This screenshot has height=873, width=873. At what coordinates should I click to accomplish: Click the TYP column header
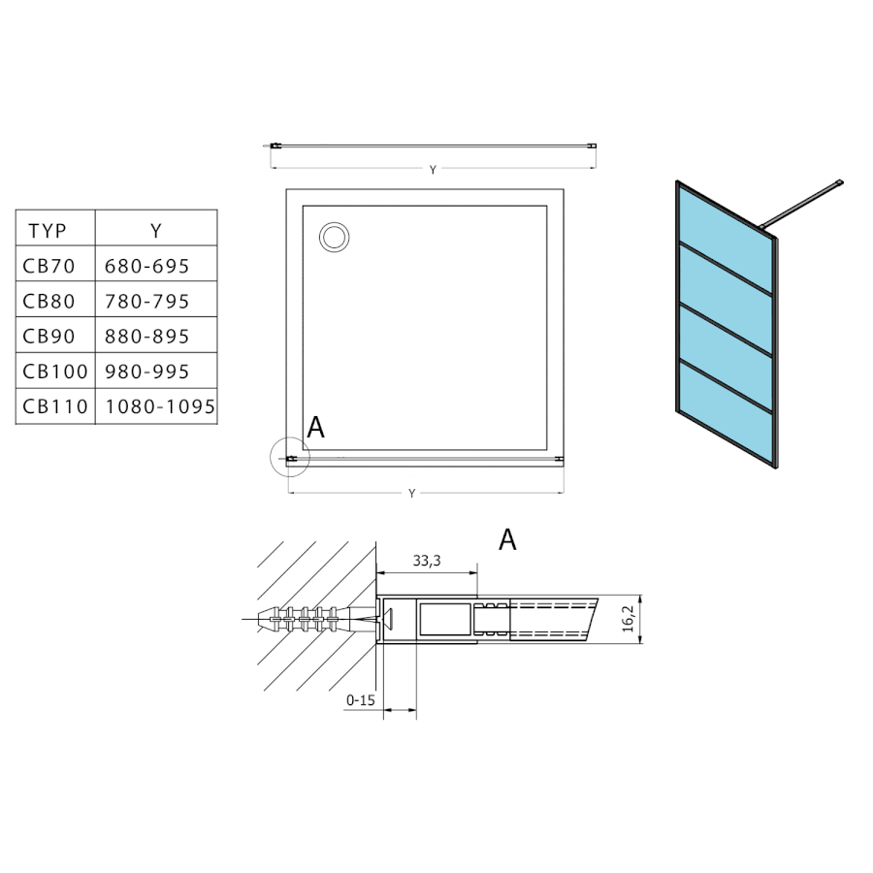pos(48,231)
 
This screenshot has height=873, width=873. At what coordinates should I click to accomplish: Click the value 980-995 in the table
pos(145,372)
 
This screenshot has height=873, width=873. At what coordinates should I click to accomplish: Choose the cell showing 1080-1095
pos(157,407)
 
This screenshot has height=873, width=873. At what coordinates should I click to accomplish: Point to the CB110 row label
pos(55,407)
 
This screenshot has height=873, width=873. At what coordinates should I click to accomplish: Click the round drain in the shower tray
pos(335,236)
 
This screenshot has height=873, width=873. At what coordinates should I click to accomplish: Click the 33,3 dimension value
pos(428,562)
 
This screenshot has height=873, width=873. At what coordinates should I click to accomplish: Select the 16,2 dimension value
pos(628,618)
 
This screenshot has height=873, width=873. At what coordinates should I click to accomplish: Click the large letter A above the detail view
pos(507,540)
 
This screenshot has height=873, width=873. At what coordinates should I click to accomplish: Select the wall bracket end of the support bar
pos(839,182)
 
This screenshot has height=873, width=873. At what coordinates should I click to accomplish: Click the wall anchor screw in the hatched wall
pos(301,617)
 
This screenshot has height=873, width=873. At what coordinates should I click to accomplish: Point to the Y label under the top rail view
pos(433,171)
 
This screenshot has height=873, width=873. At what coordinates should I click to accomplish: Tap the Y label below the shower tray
pos(412,494)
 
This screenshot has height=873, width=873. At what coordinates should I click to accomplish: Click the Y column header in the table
pos(155,231)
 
